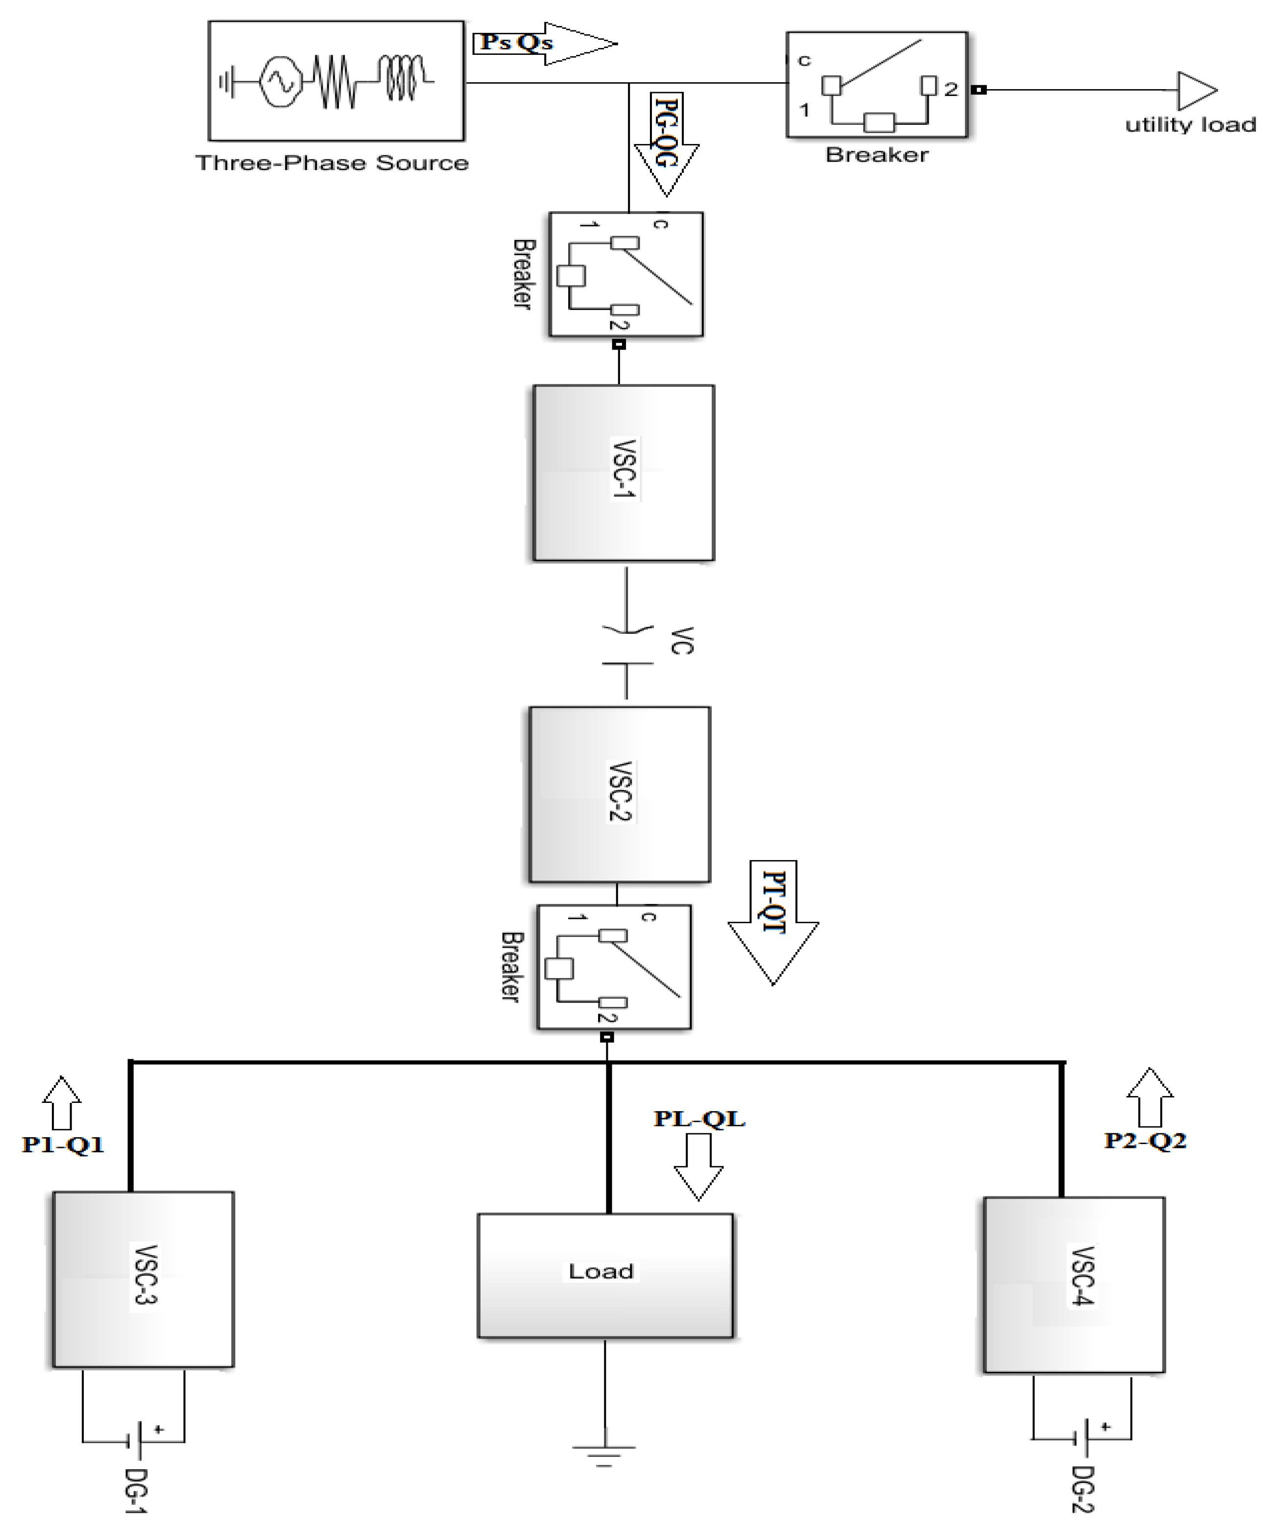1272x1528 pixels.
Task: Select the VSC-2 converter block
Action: [619, 794]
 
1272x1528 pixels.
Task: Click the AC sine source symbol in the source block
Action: [280, 81]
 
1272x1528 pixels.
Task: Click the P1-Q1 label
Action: [63, 1145]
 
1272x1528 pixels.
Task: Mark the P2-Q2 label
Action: [1145, 1140]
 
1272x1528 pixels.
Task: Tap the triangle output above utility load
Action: [1195, 90]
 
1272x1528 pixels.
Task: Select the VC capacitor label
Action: [681, 640]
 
